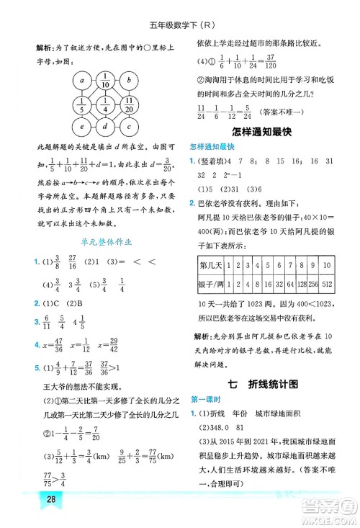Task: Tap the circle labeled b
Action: (129, 79)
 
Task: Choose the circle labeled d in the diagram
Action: (105, 127)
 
